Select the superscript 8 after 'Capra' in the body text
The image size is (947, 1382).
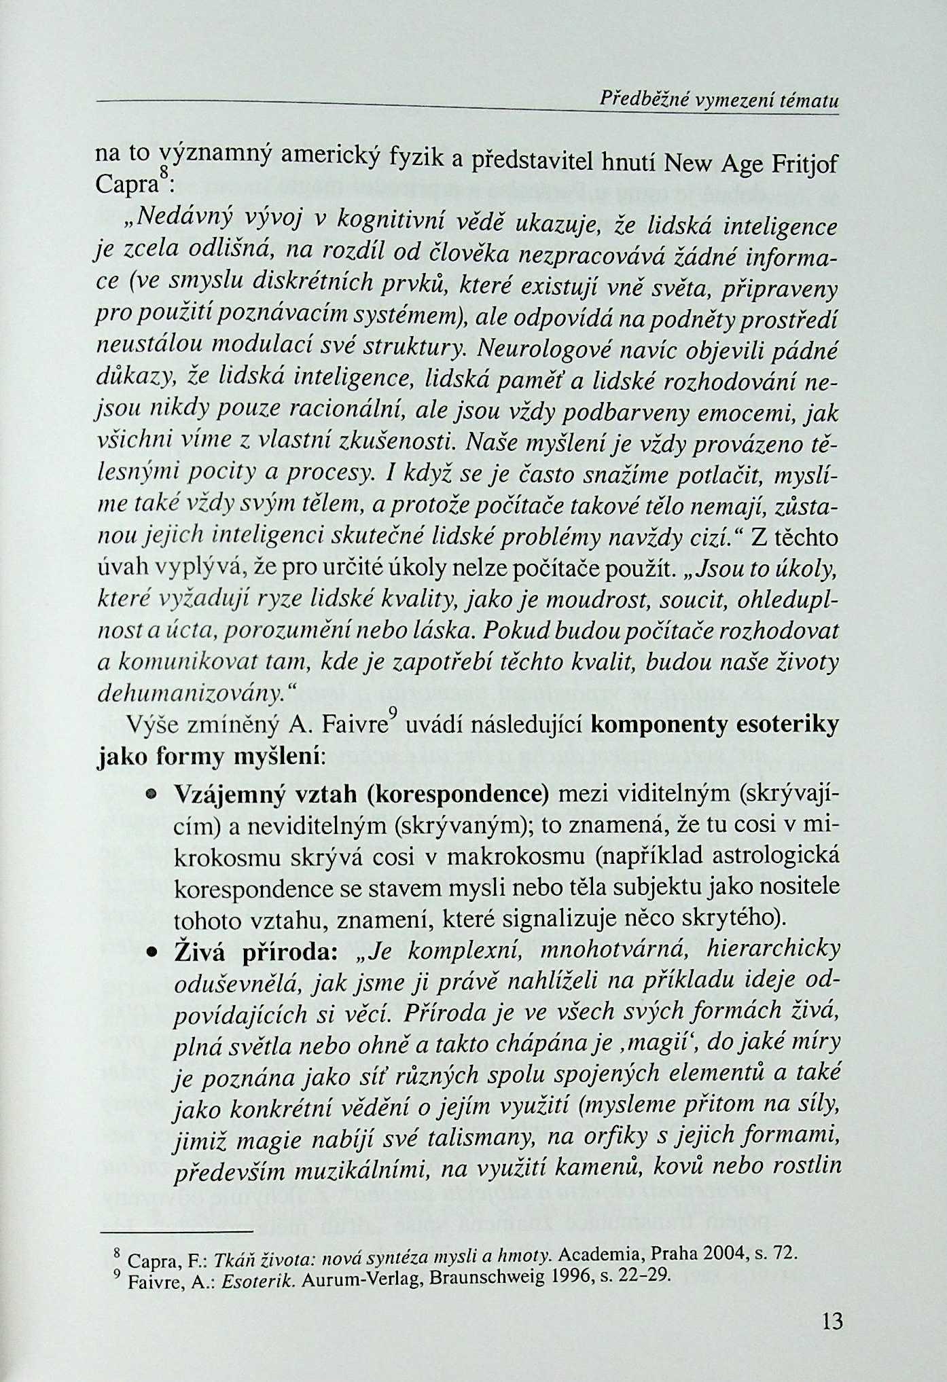[x=163, y=174]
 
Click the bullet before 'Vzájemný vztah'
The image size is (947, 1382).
[x=151, y=793]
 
